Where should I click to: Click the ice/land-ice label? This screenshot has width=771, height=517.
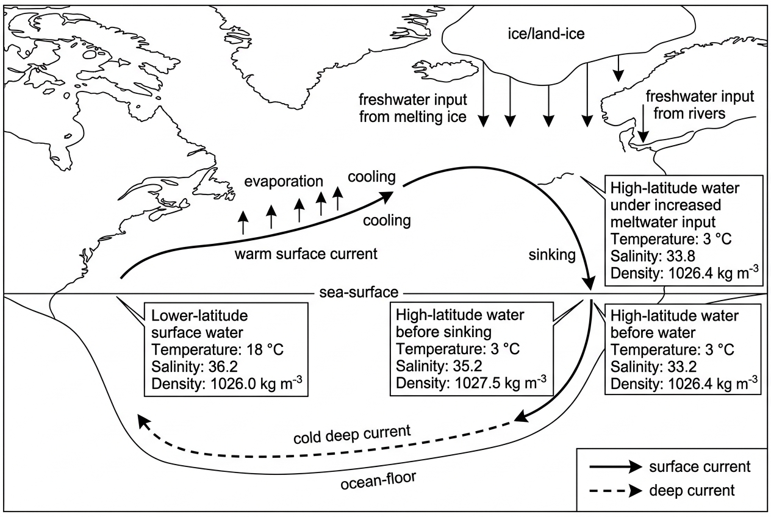547,34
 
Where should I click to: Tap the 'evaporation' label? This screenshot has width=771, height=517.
284,181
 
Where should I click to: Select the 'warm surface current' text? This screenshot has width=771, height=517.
306,254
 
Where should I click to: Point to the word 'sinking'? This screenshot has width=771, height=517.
552,255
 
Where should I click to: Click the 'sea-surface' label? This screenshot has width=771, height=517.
359,293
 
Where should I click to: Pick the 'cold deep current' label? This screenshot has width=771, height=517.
352,435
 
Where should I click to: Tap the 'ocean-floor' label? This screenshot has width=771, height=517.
379,480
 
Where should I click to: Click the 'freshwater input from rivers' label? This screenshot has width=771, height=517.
700,105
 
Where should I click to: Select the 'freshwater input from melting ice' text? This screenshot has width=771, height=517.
413,109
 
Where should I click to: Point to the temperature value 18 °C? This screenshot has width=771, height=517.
265,349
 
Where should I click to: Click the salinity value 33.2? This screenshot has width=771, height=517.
682,366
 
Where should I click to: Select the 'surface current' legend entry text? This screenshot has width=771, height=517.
700,467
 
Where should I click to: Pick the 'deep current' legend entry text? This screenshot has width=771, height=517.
692,491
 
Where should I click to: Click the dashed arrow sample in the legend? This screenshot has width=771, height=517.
616,491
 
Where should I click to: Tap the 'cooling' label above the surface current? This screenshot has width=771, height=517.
371,177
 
